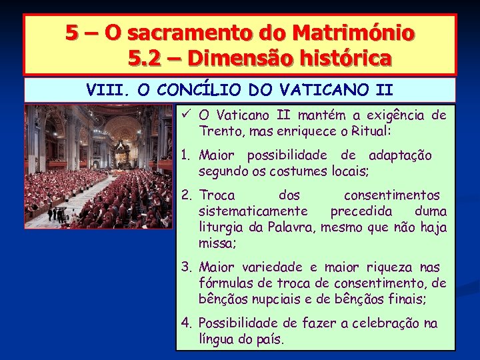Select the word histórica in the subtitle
[346, 59]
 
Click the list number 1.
[186, 156]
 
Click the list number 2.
[187, 196]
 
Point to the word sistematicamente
[253, 211]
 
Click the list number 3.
[187, 268]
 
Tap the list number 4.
[187, 323]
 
